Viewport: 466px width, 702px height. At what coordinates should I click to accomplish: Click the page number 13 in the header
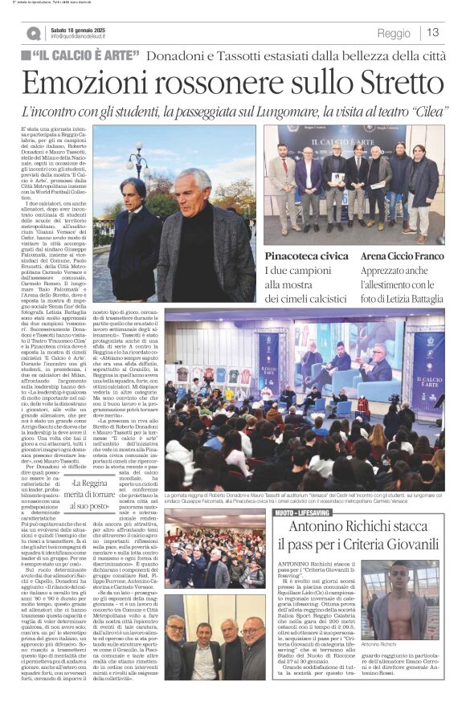[x=433, y=32]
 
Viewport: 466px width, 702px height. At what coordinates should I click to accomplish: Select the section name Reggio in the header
[x=393, y=33]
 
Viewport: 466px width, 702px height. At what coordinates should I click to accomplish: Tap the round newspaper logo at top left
[x=33, y=33]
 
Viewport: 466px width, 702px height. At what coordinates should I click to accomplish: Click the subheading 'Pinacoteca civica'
[x=307, y=255]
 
